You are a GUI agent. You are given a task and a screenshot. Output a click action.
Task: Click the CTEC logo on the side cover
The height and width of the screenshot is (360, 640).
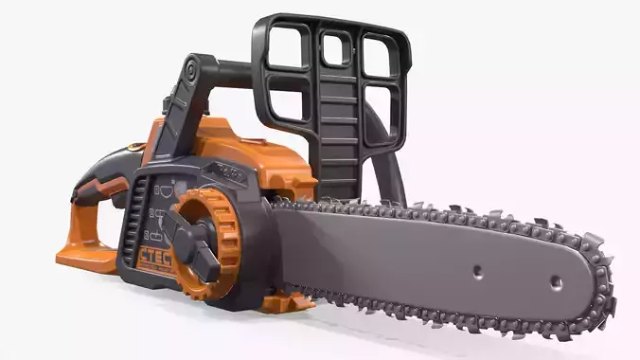coord(155,258)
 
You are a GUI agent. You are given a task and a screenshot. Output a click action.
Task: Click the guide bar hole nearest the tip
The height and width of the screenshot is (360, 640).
coord(556,282)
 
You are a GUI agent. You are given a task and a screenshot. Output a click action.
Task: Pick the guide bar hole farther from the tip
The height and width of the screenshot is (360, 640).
coord(478,270)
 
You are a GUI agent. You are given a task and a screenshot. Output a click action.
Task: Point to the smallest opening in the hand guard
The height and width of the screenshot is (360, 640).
coord(334,48)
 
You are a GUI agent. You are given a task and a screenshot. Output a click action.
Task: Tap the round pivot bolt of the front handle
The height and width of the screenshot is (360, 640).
coord(193,71)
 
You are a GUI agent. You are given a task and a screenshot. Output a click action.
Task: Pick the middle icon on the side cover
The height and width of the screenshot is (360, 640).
coord(157,215)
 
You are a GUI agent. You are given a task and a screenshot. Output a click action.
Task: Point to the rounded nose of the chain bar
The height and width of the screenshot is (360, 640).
coord(601,289)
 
